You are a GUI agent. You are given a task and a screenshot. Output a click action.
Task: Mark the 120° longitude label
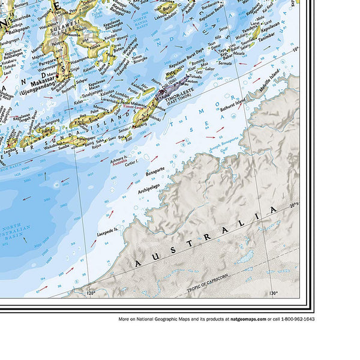pyautogui.click(x=91, y=293)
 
